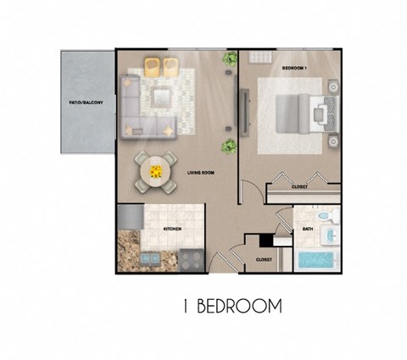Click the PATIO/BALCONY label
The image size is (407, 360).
coord(86,102)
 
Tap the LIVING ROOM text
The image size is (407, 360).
coord(201,172)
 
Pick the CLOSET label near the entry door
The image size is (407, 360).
coord(263,259)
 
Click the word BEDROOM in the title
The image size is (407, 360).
coord(239,306)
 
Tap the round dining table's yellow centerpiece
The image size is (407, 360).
coord(156,169)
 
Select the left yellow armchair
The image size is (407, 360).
coord(153,67)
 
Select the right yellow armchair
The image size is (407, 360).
coord(174,67)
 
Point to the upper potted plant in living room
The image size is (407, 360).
coord(229,60)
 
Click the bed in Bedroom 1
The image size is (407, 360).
coord(297,111)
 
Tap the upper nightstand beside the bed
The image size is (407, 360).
coord(332,86)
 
